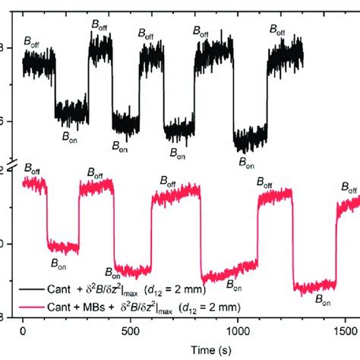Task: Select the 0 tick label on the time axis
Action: (x=23, y=332)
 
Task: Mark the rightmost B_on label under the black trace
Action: (x=248, y=161)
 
